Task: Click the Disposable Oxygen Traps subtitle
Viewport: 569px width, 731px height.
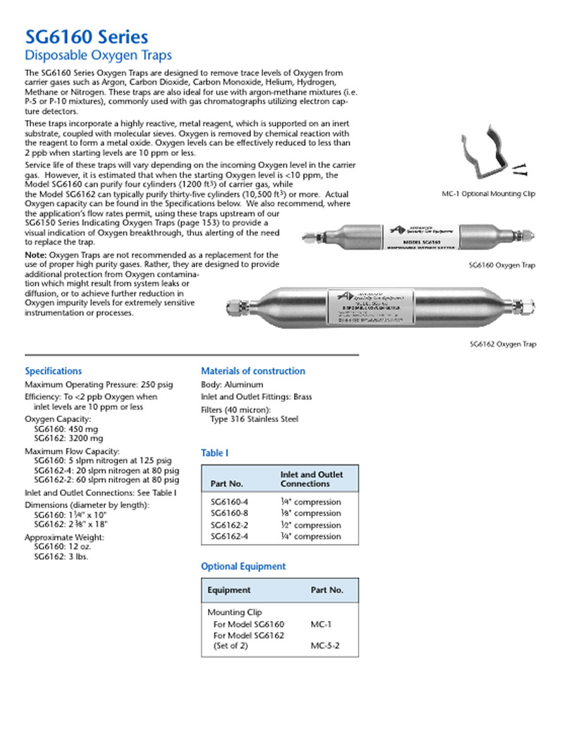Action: click(x=98, y=56)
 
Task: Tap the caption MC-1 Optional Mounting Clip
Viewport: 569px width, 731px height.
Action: click(x=488, y=194)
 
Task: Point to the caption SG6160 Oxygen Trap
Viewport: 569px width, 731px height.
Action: click(x=502, y=265)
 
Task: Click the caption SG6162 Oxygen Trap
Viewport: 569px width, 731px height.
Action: click(x=503, y=344)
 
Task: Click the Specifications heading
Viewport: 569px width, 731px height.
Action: click(x=53, y=371)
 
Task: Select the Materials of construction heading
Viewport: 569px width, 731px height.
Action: click(x=253, y=371)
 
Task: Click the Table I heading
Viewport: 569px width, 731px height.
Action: click(x=215, y=453)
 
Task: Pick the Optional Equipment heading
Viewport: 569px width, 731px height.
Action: click(x=243, y=566)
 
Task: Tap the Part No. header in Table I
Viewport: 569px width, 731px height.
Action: click(x=227, y=484)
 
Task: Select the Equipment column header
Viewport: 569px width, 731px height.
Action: click(x=229, y=590)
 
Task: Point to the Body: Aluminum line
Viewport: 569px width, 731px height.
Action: click(x=232, y=384)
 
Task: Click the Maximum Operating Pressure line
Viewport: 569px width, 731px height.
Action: click(x=99, y=384)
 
